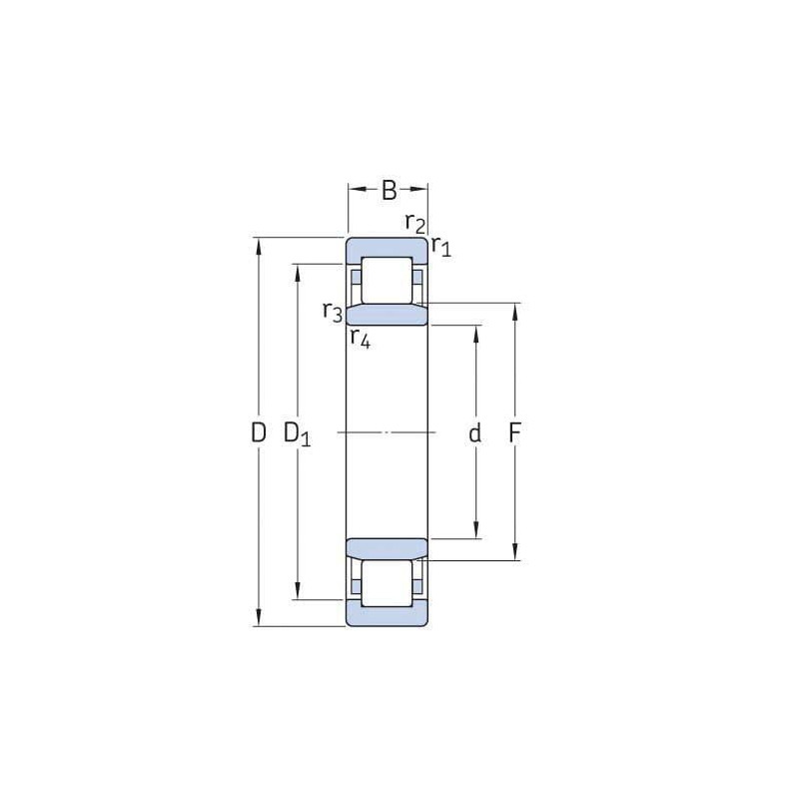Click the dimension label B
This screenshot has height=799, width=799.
point(389,190)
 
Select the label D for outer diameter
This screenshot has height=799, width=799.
point(259,433)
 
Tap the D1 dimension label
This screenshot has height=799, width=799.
point(297,434)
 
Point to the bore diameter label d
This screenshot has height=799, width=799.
point(475,433)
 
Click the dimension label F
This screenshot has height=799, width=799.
point(514,433)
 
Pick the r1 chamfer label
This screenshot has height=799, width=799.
point(441,246)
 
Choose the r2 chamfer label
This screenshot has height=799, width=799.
point(415,223)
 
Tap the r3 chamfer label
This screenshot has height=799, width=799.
point(333,312)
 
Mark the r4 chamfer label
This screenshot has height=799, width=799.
point(361,338)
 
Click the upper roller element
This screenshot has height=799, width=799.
point(387,281)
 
